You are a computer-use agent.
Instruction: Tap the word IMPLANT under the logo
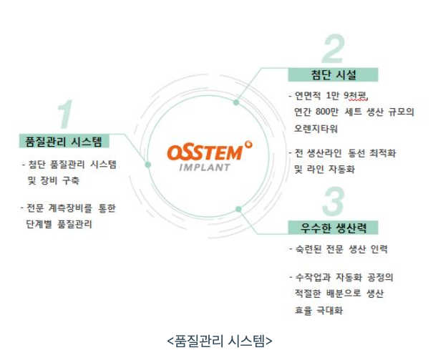pyautogui.click(x=203, y=168)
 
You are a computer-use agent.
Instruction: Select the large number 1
pyautogui.click(x=65, y=115)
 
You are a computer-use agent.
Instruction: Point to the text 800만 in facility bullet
pyautogui.click(x=328, y=112)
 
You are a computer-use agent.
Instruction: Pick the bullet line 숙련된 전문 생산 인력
pyautogui.click(x=341, y=249)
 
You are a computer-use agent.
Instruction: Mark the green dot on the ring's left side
pyautogui.click(x=147, y=165)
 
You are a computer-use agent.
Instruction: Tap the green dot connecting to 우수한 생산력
pyautogui.click(x=238, y=209)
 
